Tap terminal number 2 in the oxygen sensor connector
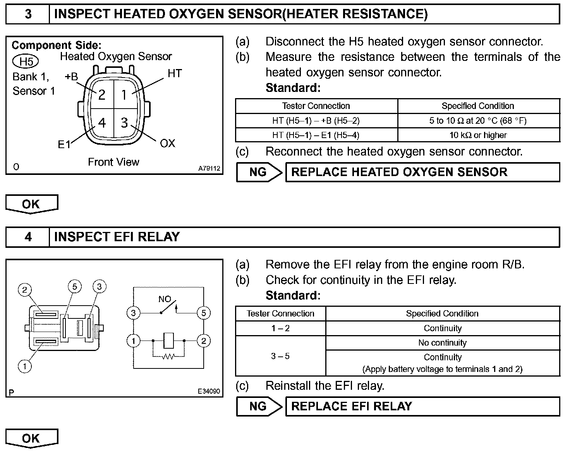102,95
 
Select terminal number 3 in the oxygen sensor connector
124,123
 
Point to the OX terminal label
167,144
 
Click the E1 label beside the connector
64,145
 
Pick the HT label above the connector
175,73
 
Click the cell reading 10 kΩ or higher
478,135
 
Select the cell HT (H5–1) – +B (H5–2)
316,121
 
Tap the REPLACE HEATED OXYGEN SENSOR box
422,172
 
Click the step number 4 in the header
28,237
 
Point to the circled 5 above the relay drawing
75,287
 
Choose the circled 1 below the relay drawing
25,366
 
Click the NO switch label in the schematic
165,299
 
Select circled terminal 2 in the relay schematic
203,341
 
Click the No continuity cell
442,343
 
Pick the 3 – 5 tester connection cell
280,356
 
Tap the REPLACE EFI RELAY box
422,406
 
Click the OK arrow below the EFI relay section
31,438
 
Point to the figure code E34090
209,392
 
